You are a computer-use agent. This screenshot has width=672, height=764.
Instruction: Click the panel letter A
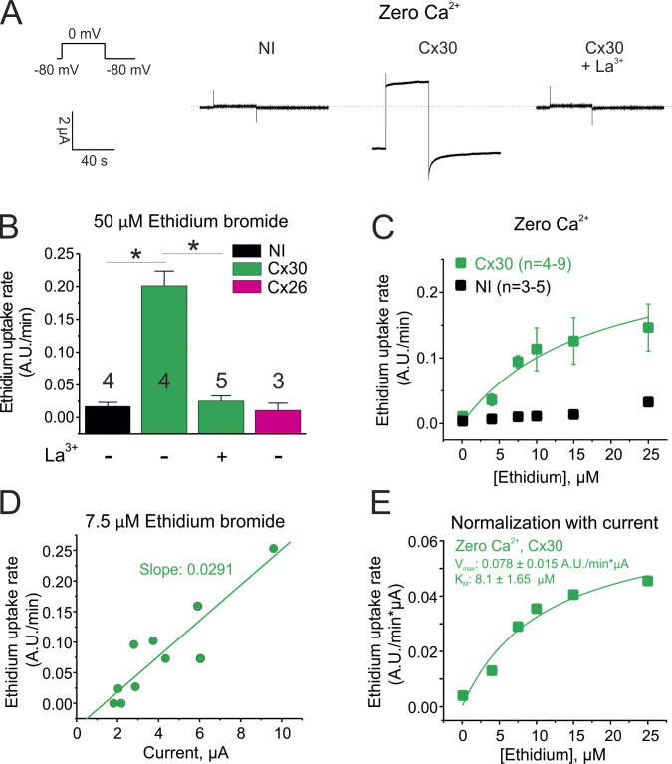pos(15,15)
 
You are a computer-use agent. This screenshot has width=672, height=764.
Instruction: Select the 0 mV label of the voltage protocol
pos(91,33)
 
